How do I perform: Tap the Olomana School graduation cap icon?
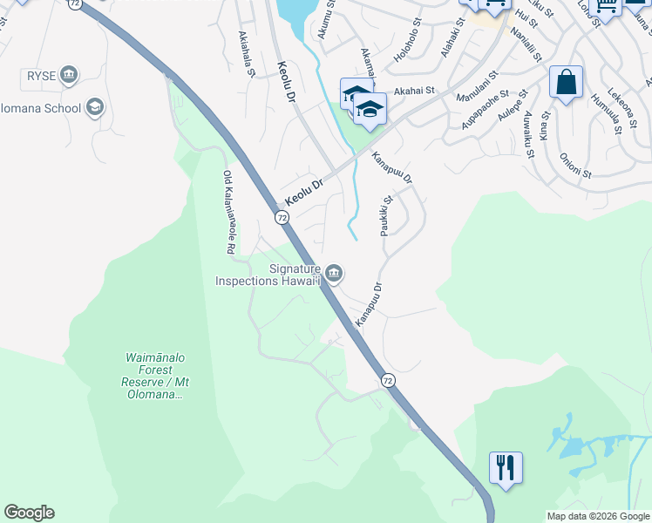94,108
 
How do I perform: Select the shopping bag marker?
566,83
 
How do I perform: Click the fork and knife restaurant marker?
506,467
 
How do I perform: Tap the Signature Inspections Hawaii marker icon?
333,274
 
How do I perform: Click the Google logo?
29,513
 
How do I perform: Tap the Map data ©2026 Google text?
597,516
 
